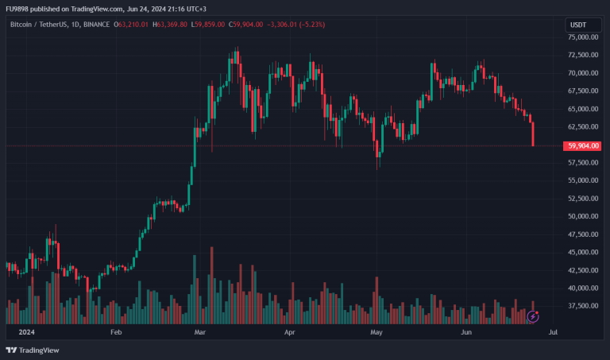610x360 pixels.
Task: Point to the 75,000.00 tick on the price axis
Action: [x=582, y=37]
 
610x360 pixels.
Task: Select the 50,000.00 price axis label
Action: [x=582, y=217]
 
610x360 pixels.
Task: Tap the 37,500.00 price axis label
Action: [x=582, y=307]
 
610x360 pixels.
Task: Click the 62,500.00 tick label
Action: [x=582, y=127]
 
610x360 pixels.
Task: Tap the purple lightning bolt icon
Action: [x=533, y=316]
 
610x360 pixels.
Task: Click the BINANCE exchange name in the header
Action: [x=98, y=25]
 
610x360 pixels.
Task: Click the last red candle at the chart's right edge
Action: [x=533, y=134]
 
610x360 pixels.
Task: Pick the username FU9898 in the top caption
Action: [x=17, y=9]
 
